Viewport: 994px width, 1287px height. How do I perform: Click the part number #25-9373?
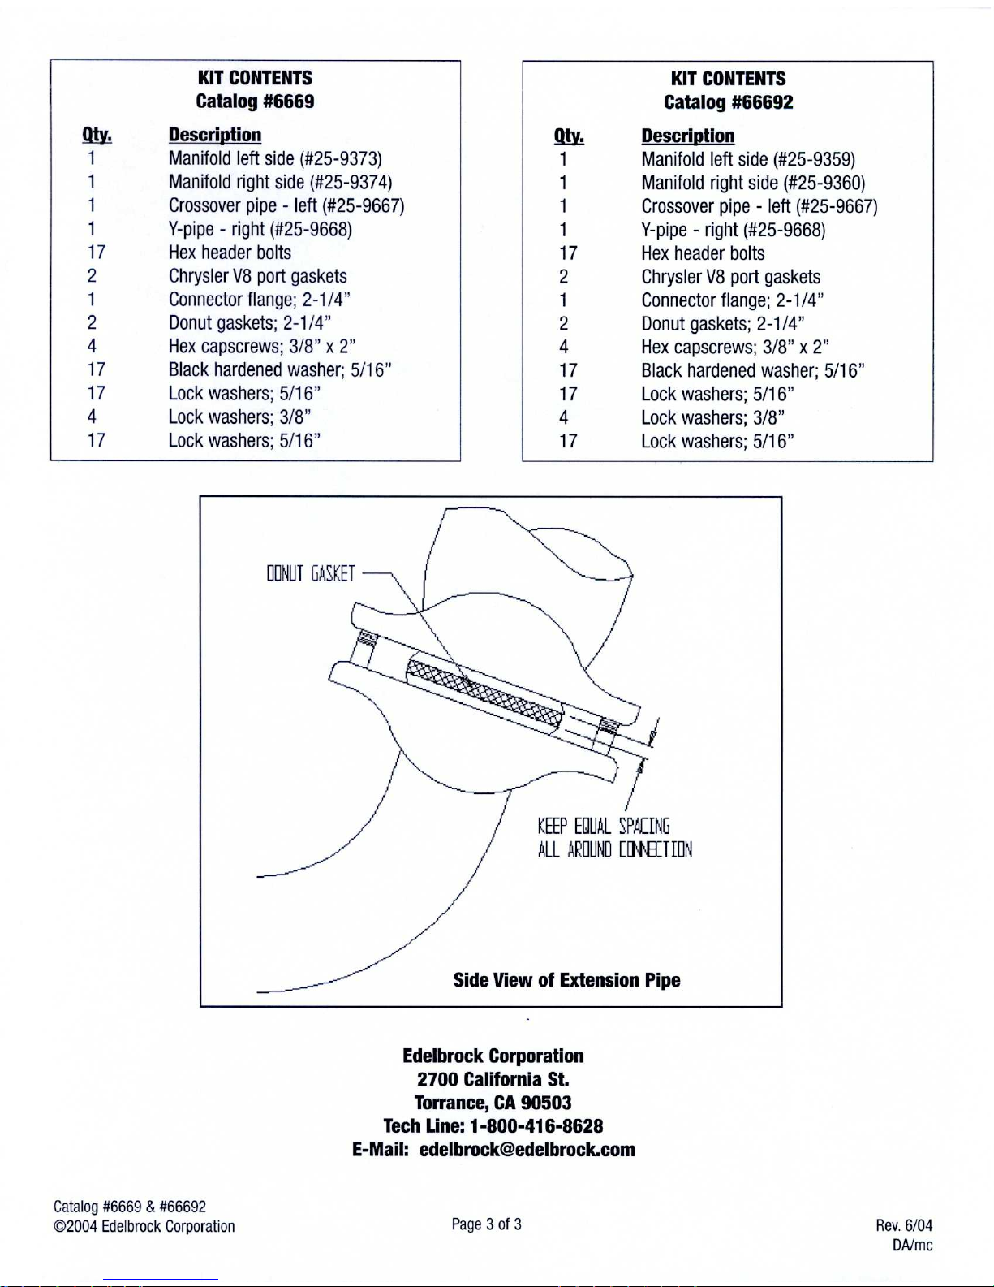341,158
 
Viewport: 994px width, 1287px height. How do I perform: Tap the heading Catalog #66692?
728,102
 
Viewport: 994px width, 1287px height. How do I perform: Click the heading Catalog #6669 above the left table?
255,101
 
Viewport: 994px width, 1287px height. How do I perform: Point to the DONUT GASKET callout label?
311,573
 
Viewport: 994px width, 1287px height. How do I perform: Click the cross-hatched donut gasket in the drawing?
484,697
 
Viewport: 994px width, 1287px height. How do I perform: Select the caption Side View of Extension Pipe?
566,980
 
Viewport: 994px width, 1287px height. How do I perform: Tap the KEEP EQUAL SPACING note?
604,826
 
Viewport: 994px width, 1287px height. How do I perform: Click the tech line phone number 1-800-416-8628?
536,1126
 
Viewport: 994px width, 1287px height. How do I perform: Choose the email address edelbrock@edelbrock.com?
527,1150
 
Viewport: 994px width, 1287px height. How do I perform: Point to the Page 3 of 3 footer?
486,1224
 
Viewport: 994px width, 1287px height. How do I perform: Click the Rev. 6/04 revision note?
904,1225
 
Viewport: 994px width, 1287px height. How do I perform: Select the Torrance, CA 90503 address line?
493,1103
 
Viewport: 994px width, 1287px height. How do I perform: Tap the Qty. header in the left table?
97,136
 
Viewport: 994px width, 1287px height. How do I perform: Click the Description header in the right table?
687,136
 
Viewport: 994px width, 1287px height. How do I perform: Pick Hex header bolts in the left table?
230,253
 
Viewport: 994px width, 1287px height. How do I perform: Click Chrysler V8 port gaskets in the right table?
731,277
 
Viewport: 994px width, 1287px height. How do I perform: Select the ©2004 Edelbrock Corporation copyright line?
144,1227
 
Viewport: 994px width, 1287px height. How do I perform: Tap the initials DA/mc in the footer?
912,1246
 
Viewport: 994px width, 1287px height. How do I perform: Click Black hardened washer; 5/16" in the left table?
280,369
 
